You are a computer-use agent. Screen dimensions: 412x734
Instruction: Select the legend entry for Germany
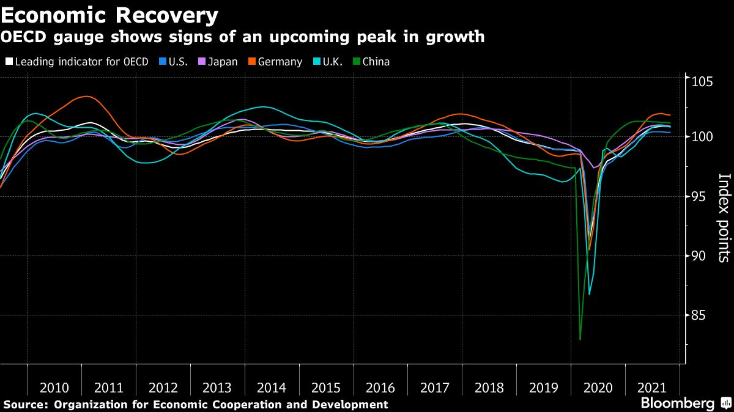tap(279, 62)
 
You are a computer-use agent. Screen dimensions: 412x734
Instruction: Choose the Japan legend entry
tap(222, 62)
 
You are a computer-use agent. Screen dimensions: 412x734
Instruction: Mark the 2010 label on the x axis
tap(54, 388)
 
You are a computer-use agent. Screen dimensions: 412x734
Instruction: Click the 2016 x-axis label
tap(380, 388)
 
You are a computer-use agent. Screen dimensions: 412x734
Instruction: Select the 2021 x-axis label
tap(652, 388)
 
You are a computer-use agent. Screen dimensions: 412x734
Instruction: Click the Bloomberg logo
tap(677, 403)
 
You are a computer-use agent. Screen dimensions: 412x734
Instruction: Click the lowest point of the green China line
tap(580, 339)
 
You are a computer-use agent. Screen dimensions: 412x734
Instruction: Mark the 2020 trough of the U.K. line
tap(589, 294)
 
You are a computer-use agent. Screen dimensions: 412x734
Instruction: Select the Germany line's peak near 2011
tap(87, 97)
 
